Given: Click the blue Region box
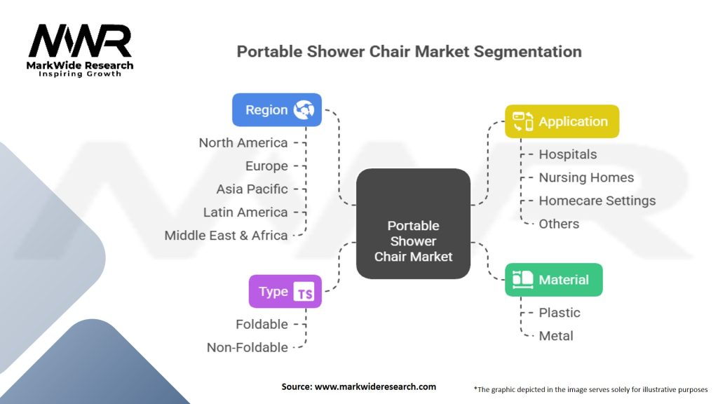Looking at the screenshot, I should tap(277, 110).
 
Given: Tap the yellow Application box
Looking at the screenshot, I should tap(562, 121).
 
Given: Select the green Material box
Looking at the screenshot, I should tap(553, 280).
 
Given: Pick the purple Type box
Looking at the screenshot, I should tap(285, 292).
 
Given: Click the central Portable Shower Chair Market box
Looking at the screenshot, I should tap(413, 224).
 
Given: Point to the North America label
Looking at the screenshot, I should tap(243, 143).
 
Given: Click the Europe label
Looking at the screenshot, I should tap(266, 166).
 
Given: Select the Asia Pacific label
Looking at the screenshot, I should tap(252, 189).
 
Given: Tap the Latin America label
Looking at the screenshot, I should tap(245, 213).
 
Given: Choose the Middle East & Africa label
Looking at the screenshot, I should tap(226, 236).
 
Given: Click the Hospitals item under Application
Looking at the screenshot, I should tap(567, 154).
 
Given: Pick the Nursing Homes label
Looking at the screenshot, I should tap(585, 178).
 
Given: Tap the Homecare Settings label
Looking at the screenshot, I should tap(597, 201).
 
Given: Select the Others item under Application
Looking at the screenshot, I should tap(559, 224).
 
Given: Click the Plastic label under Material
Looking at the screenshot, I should tap(559, 313).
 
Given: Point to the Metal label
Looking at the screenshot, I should tap(555, 336).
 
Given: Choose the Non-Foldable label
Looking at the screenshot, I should tap(247, 348).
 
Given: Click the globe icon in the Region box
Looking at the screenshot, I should tap(304, 110).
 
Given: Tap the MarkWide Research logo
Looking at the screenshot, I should tap(81, 50).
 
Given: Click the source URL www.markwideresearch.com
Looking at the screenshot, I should tap(377, 386).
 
